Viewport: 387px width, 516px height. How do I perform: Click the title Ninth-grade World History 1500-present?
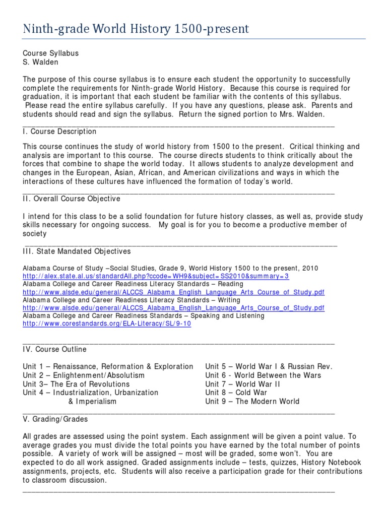tap(136, 28)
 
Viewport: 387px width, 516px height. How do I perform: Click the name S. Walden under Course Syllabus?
tap(41, 62)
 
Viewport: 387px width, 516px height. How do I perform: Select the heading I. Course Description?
tap(59, 132)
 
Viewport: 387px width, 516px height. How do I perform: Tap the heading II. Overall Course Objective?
tap(72, 199)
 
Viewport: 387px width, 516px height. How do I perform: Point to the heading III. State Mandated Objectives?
tap(77, 251)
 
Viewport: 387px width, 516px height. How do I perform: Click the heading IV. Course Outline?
tap(54, 349)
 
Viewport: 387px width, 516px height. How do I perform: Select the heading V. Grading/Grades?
tap(55, 419)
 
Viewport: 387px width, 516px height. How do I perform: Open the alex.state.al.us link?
tap(156, 277)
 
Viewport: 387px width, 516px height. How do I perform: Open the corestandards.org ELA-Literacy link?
tap(107, 324)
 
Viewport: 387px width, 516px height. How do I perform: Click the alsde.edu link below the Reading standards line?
tap(173, 292)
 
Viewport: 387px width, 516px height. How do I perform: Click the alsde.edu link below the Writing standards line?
tap(173, 308)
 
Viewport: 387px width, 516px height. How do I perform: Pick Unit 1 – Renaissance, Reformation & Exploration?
tap(108, 366)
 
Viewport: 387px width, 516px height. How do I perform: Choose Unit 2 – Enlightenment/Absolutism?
tap(84, 375)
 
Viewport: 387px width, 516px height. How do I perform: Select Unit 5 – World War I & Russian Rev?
tap(269, 366)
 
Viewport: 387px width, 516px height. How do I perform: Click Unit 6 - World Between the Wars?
tap(263, 375)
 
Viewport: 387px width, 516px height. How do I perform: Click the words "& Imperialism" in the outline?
tap(92, 402)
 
